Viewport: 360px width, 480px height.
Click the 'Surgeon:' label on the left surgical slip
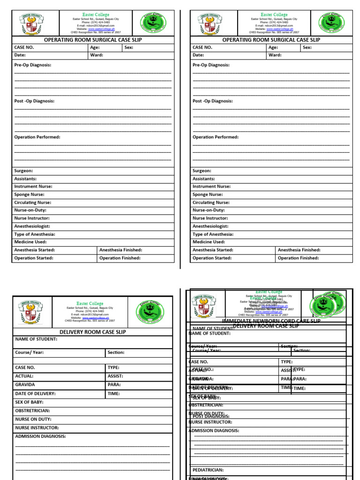(x=23, y=171)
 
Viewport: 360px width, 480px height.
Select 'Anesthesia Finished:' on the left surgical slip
(x=120, y=250)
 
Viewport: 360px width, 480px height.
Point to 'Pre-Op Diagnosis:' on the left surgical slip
(x=33, y=65)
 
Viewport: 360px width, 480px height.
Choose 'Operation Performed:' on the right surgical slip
(x=216, y=137)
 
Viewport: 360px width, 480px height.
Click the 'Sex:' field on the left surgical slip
(x=129, y=47)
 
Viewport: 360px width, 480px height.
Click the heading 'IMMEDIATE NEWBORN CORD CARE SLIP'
(x=271, y=321)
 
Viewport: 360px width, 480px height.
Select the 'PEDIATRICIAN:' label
(x=208, y=470)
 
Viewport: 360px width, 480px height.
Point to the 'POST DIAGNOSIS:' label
(x=211, y=416)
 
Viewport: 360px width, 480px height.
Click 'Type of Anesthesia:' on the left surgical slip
(x=35, y=234)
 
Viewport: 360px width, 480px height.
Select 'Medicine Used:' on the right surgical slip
(x=209, y=242)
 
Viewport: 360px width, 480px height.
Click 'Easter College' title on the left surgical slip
(x=96, y=15)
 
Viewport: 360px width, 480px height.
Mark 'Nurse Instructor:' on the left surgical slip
(x=32, y=218)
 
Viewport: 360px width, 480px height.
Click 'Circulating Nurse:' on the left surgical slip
(x=33, y=203)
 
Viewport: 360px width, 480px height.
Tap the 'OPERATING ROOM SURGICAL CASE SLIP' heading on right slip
(x=271, y=40)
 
